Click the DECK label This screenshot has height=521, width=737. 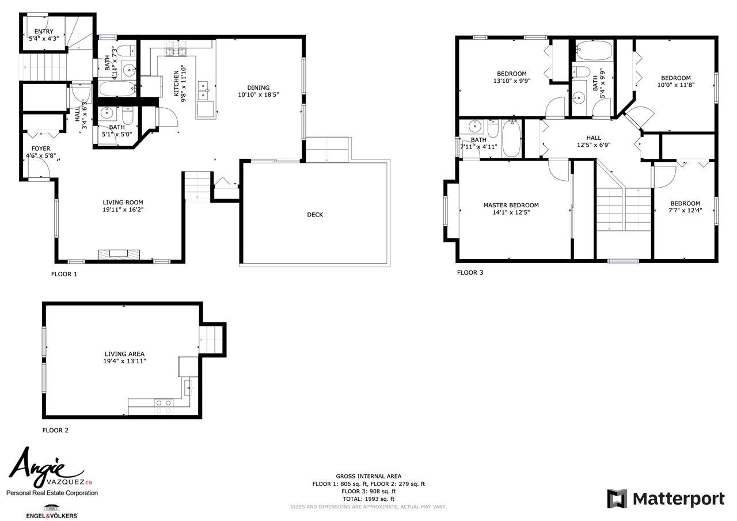point(315,215)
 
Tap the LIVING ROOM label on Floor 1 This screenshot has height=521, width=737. point(123,203)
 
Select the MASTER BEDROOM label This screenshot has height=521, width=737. point(511,206)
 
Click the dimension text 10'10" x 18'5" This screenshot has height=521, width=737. point(259,95)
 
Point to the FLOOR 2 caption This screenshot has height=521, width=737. point(55,430)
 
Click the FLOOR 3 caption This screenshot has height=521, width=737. point(470,273)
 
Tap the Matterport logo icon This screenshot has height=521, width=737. point(617,499)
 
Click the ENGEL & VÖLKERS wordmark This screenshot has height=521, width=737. point(52,515)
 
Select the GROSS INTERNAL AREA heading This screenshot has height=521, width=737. point(368,476)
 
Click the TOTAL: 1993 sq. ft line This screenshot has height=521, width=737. point(368,499)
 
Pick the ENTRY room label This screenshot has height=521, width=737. point(44,32)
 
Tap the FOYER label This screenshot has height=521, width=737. point(41,149)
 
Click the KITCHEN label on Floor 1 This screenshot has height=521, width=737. point(176,83)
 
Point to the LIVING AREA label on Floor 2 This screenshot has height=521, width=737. point(124,354)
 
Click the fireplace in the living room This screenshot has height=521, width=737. point(119,254)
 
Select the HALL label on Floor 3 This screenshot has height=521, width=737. point(594,138)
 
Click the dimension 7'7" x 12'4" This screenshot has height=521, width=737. point(685,210)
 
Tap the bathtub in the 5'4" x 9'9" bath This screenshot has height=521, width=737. point(594,50)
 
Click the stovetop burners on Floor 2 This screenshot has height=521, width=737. point(164,406)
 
